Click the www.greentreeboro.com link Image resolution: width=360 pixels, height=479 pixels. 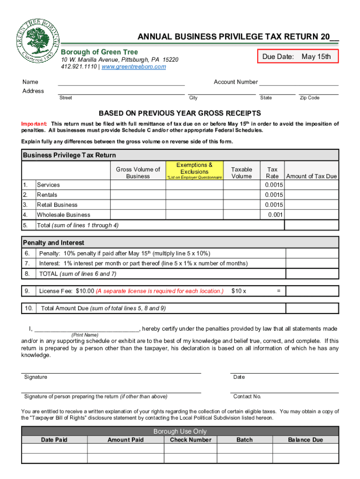tap(134, 67)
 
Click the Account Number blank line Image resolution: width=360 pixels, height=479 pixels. tap(298, 83)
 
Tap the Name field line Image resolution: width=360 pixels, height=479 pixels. tap(121, 83)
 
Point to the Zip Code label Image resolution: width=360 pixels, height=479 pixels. tap(310, 98)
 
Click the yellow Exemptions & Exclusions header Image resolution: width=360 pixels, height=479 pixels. tap(194, 171)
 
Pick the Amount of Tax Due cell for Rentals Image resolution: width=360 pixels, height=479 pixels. tap(311, 195)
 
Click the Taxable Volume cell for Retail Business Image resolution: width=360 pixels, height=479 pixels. tap(242, 205)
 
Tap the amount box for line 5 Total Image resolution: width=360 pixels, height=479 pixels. tap(311, 225)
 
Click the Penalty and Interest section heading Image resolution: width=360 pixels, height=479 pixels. tap(54, 243)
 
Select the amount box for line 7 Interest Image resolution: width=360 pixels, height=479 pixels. tap(311, 263)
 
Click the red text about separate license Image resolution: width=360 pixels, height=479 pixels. tap(159, 291)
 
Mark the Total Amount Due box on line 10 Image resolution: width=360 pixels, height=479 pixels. tap(311, 308)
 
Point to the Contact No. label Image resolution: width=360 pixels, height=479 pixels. tap(247, 397)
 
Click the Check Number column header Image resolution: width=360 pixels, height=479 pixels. tap(190, 440)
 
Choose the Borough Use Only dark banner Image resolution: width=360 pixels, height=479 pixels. tap(180, 431)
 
